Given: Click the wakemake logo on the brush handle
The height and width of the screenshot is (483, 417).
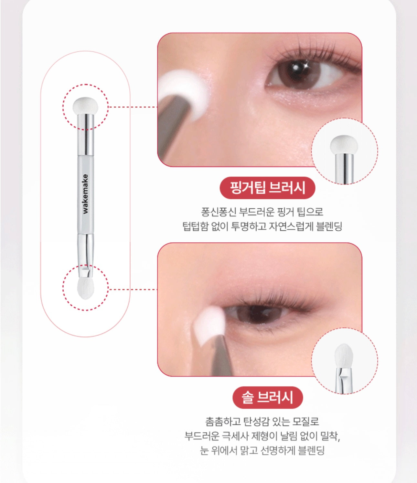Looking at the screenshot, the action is (85, 194).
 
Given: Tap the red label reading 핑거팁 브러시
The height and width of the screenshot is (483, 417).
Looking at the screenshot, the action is (267, 188).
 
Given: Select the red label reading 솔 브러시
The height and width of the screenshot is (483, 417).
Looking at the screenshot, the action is (268, 398).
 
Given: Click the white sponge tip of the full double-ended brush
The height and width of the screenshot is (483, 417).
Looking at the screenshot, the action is (85, 105).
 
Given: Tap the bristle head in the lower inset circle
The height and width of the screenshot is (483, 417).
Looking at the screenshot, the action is (343, 356).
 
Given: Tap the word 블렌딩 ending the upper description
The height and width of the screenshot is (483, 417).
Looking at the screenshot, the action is (329, 226).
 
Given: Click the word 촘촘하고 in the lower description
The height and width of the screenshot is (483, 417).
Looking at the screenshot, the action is (223, 422).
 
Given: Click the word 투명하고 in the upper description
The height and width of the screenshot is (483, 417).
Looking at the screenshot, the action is (249, 226).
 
